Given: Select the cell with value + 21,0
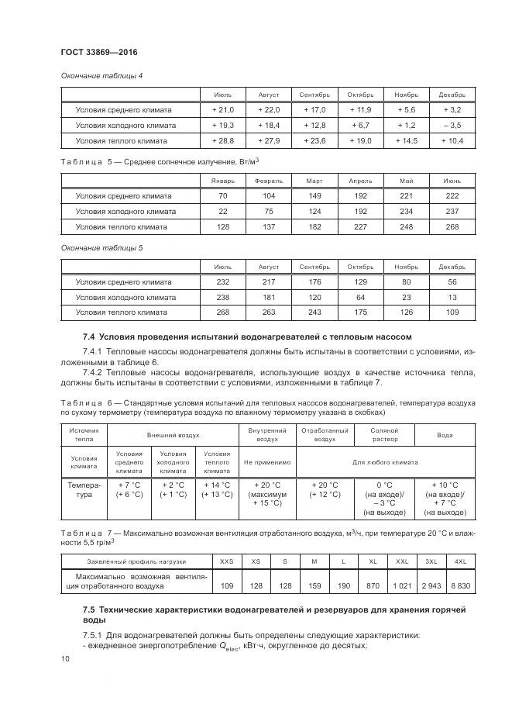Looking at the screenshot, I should point(223,110).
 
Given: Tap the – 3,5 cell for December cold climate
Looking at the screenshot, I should point(452,125).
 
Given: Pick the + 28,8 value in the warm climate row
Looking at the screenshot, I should point(223,140).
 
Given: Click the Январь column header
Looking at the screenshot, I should point(223,180).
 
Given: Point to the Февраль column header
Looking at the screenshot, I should point(269,180).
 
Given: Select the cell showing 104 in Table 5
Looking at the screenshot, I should point(269,196).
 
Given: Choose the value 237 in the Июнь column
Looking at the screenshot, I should point(452,212).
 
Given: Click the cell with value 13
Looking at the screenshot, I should point(452,297).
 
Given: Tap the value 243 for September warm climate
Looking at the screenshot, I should point(314,312).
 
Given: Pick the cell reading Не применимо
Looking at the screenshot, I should point(266,462).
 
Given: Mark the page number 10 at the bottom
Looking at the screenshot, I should point(66,658).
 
